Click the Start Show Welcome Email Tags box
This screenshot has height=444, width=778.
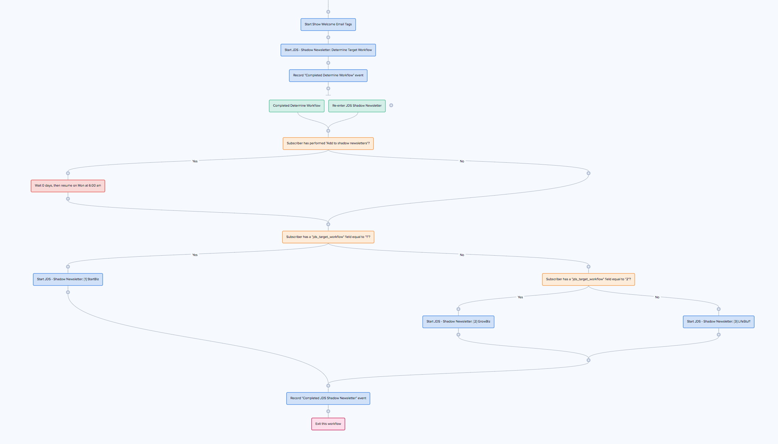328,25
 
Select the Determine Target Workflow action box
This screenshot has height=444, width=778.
328,50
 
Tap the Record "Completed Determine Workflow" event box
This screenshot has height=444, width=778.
328,76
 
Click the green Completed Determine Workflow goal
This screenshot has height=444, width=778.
296,106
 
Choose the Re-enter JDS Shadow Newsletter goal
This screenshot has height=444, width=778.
356,106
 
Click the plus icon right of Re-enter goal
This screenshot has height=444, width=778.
391,106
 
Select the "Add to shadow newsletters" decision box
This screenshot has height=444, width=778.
328,144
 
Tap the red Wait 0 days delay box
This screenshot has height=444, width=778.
68,186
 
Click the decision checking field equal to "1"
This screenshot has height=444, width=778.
328,237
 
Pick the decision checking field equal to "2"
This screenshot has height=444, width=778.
588,279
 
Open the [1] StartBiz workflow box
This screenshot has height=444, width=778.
68,279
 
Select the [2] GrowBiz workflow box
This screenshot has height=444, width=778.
458,322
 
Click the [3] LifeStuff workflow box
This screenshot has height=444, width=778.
718,322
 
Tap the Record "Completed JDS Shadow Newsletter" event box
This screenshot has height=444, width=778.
328,398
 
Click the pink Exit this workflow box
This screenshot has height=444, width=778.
328,424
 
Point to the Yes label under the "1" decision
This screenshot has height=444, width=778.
195,255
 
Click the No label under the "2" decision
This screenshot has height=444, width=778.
657,297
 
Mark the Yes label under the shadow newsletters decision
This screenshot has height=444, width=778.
195,161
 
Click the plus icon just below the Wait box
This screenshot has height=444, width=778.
68,199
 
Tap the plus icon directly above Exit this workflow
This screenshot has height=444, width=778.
328,411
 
